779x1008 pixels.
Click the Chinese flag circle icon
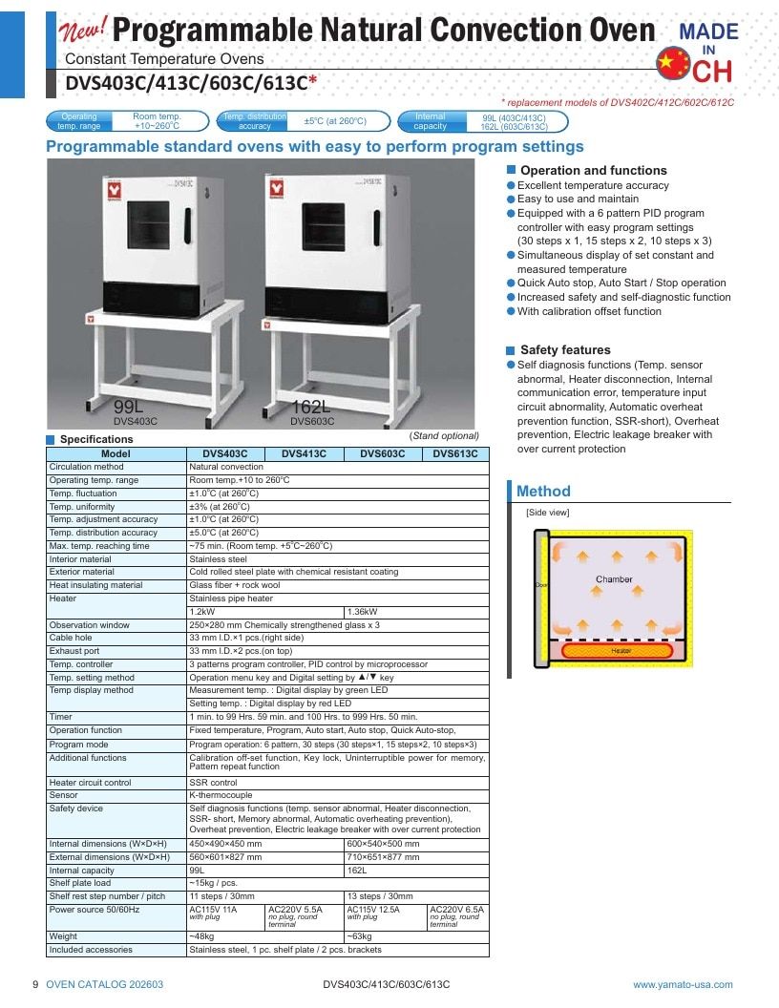pyautogui.click(x=673, y=63)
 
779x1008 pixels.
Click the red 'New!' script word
pyautogui.click(x=83, y=29)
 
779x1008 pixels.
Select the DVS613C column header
pyautogui.click(x=455, y=453)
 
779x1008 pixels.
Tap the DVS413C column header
pyautogui.click(x=304, y=453)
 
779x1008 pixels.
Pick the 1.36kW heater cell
pyautogui.click(x=363, y=612)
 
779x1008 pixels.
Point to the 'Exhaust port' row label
pyautogui.click(x=74, y=651)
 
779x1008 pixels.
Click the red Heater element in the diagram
pyautogui.click(x=618, y=651)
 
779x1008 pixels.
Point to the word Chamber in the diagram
pyautogui.click(x=614, y=579)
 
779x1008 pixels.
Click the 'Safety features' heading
pyautogui.click(x=565, y=350)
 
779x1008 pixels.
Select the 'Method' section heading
pyautogui.click(x=544, y=492)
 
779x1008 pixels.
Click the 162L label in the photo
pyautogui.click(x=310, y=407)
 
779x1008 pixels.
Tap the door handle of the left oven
pyautogui.click(x=188, y=225)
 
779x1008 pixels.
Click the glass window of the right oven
pyautogui.click(x=323, y=227)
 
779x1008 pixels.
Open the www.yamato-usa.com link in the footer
pyautogui.click(x=683, y=985)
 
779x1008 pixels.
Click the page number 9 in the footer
pyautogui.click(x=35, y=985)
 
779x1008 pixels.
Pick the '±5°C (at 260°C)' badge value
pyautogui.click(x=335, y=121)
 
